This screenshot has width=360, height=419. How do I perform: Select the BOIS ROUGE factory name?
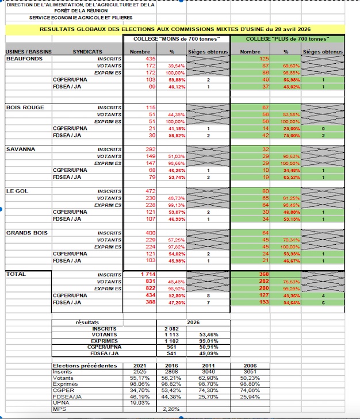pyautogui.click(x=25, y=107)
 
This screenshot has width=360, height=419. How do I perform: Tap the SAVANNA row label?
pyautogui.click(x=20, y=149)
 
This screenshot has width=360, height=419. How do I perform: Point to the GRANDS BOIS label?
pyautogui.click(x=26, y=232)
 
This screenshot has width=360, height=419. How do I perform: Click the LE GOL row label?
pyautogui.click(x=18, y=191)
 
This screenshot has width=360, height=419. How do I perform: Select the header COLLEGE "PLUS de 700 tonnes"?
pyautogui.click(x=287, y=39)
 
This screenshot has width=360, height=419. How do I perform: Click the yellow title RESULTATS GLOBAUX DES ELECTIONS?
pyautogui.click(x=175, y=28)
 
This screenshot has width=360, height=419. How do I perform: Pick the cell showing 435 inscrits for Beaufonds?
pyautogui.click(x=151, y=59)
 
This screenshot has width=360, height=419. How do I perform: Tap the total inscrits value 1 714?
pyautogui.click(x=148, y=275)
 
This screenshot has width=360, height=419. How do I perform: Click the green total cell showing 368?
pyautogui.click(x=265, y=275)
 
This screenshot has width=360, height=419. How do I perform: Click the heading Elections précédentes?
pyautogui.click(x=85, y=366)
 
